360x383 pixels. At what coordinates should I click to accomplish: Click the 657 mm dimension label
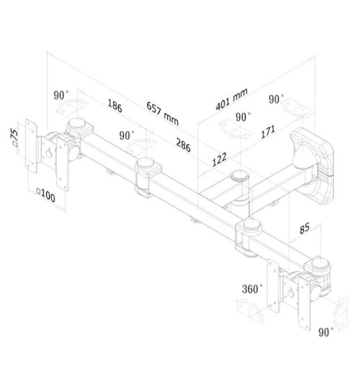[x=163, y=114]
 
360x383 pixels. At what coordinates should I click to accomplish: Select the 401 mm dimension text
[x=232, y=99]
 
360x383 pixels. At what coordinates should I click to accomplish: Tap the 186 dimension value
[x=114, y=106]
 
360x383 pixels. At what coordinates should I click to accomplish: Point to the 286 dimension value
[x=183, y=145]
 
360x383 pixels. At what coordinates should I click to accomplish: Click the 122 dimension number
[x=220, y=159]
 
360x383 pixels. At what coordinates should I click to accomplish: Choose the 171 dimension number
[x=268, y=132]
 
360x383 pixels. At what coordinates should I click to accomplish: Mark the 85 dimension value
[x=305, y=228]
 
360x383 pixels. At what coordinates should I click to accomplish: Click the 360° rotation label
[x=252, y=289]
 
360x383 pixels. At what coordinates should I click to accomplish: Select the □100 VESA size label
[x=45, y=194]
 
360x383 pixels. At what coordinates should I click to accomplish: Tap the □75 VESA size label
[x=14, y=138]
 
